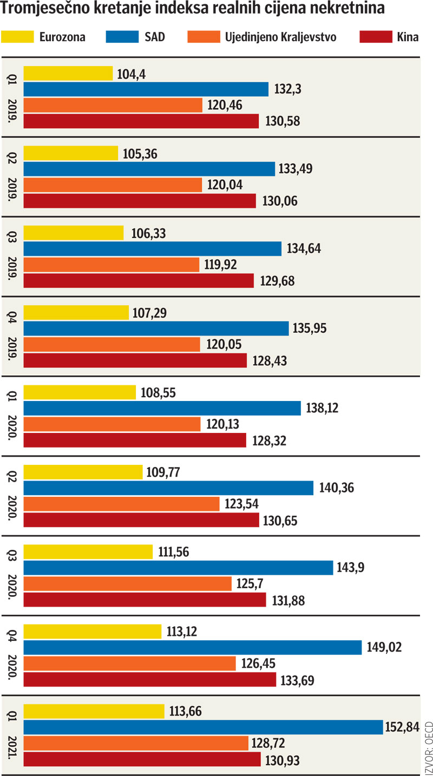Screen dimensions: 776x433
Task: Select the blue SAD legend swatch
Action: (122, 37)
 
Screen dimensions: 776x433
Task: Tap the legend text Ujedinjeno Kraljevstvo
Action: (280, 37)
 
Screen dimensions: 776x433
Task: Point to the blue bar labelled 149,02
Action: (192, 647)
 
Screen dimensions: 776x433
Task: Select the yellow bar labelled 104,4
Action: (68, 73)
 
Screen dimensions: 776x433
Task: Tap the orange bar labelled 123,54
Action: (121, 504)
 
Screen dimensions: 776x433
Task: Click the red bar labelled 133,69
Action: (149, 679)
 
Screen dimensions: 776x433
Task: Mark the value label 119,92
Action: (219, 265)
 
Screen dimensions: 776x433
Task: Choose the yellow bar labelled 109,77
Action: (82, 472)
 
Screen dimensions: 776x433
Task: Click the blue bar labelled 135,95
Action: (156, 328)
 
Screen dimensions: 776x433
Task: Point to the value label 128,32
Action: (269, 440)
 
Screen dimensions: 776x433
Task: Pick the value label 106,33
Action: (148, 233)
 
